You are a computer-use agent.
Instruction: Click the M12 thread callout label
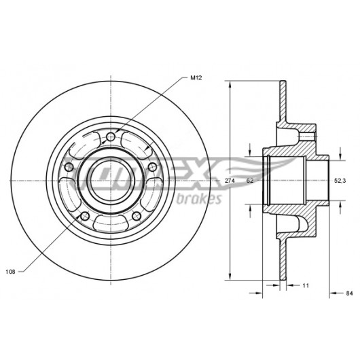(x=196, y=78)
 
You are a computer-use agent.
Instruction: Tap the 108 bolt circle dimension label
(x=10, y=272)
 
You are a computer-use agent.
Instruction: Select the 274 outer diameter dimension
(x=230, y=181)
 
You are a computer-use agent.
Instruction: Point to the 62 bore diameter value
(x=250, y=181)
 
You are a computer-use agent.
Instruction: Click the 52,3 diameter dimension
(x=340, y=181)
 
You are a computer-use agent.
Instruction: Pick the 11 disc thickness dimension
(x=306, y=285)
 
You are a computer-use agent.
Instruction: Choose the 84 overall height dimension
(x=349, y=293)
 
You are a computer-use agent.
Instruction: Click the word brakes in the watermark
(x=199, y=199)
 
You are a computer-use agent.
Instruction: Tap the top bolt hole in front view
(x=111, y=137)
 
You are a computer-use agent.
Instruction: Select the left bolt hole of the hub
(x=69, y=167)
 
